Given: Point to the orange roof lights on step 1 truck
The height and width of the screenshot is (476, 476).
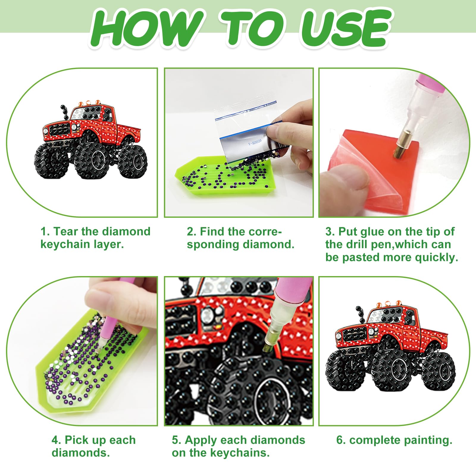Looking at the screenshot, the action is (89, 103).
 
